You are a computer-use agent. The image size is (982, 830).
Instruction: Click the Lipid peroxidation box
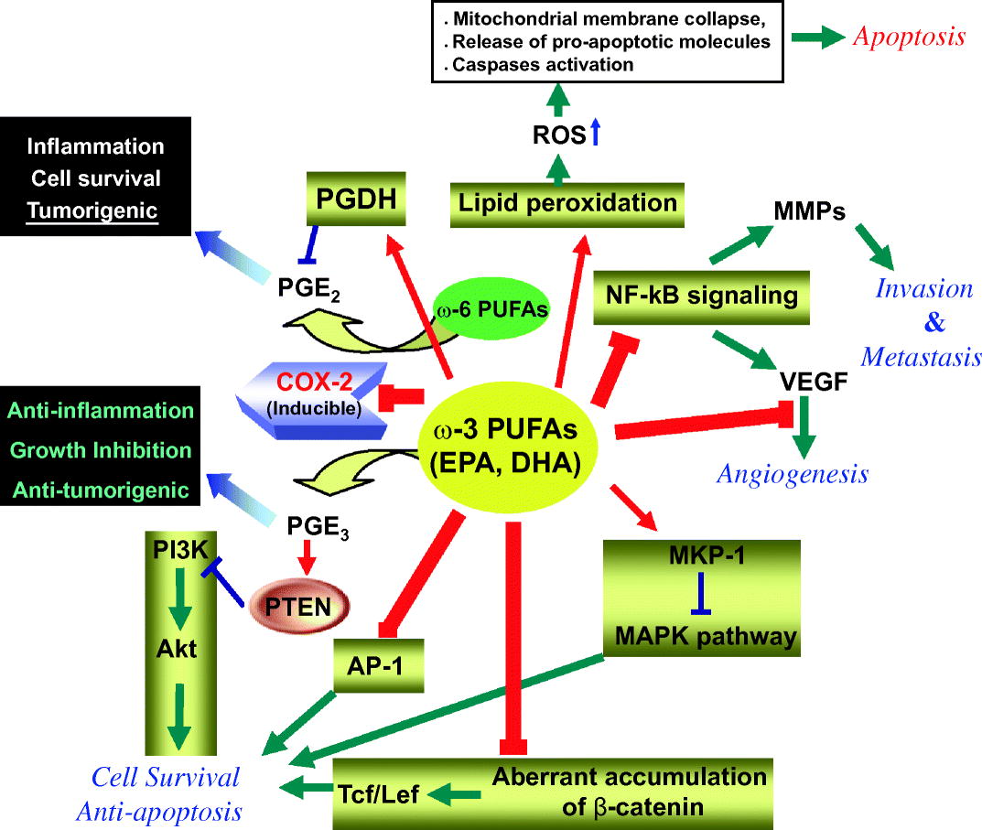567,202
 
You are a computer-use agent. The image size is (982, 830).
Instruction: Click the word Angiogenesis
792,473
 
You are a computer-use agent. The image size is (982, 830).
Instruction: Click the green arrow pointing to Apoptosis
817,38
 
